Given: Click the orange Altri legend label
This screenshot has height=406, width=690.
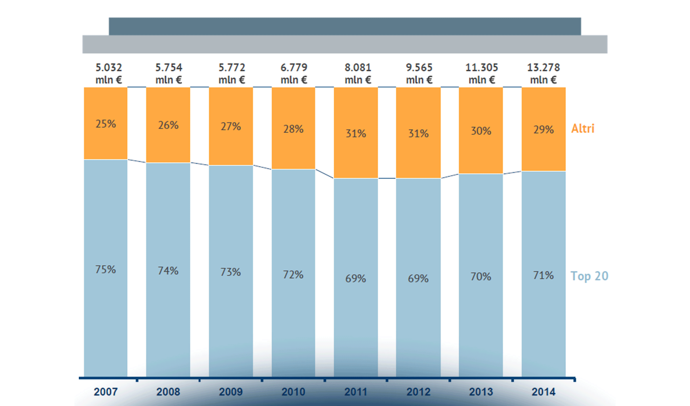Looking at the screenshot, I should click(x=582, y=129).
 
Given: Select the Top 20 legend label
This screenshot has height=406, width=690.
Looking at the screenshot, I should click(x=589, y=276).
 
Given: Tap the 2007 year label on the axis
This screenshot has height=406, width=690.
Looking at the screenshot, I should click(x=106, y=392).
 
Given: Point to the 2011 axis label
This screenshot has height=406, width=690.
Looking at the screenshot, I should click(x=356, y=392).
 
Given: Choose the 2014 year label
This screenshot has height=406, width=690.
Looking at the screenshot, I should click(x=543, y=392).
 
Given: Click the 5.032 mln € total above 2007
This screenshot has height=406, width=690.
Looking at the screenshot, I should click(x=109, y=74).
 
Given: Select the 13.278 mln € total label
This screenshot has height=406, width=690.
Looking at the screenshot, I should click(x=543, y=74).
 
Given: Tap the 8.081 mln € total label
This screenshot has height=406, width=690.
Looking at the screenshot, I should click(x=358, y=74).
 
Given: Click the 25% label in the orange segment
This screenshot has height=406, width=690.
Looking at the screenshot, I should click(x=106, y=124).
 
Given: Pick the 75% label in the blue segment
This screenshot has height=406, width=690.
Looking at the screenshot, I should click(x=106, y=269).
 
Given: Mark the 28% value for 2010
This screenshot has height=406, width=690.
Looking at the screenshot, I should click(x=293, y=129).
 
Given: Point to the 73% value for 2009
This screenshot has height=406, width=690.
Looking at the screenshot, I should click(x=231, y=272).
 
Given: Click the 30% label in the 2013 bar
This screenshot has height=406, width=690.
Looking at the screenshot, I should click(x=481, y=131).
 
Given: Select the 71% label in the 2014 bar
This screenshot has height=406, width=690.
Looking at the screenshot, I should click(x=543, y=275).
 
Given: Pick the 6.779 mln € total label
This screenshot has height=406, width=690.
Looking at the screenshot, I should click(x=294, y=74).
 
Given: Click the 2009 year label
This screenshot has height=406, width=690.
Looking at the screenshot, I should click(x=231, y=392).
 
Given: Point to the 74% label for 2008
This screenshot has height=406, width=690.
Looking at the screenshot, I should click(x=168, y=271).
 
